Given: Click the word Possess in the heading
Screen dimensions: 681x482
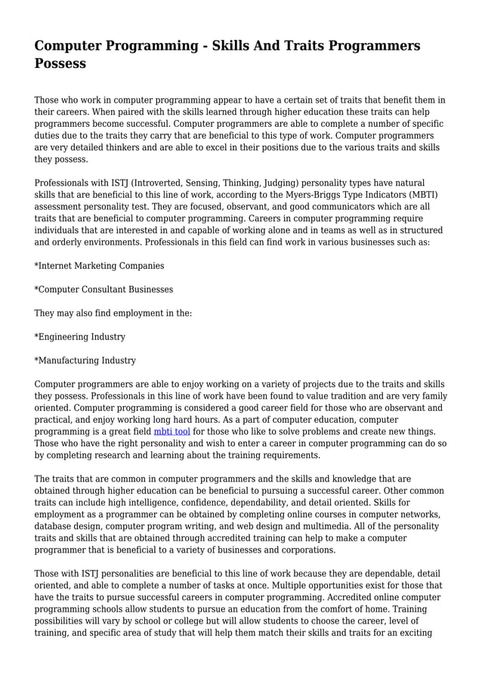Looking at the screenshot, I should click(x=60, y=63).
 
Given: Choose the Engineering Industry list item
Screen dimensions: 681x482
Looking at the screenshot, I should click(x=80, y=337).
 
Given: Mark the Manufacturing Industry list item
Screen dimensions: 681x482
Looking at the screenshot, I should click(x=85, y=360).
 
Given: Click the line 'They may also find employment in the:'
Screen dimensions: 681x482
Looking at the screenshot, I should click(x=113, y=313).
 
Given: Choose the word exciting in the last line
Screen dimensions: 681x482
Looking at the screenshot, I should click(x=412, y=633).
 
